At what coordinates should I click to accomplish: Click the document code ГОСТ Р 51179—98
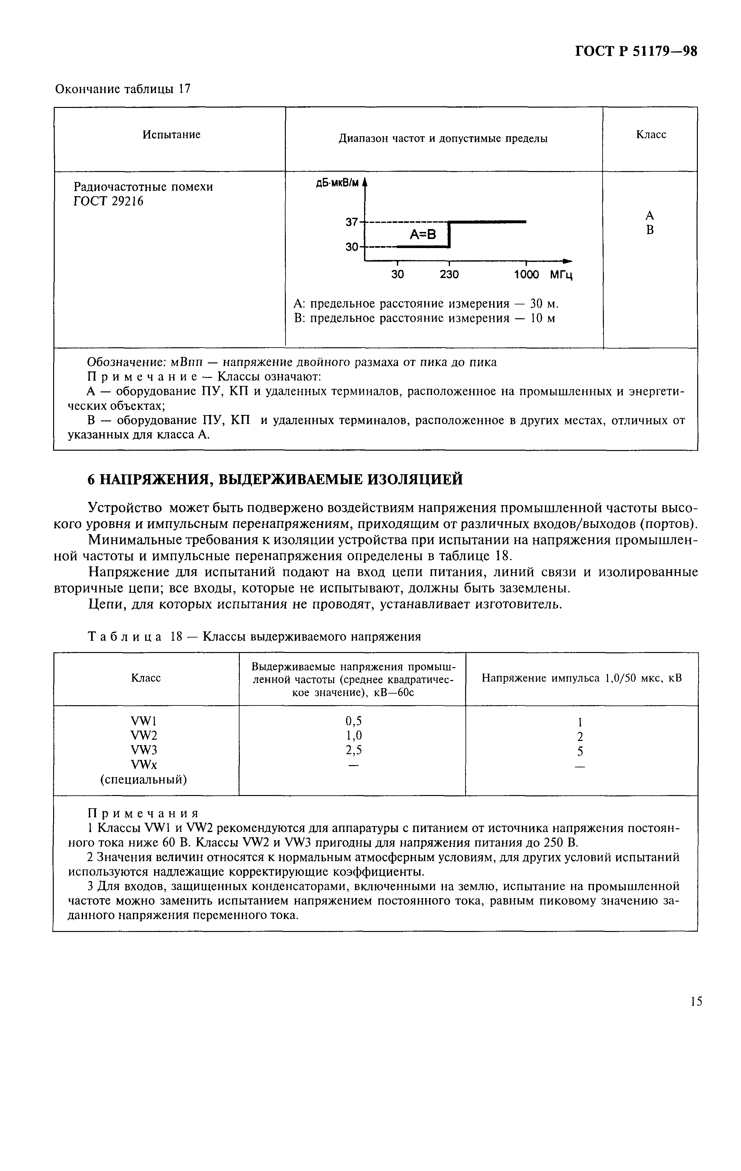pyautogui.click(x=636, y=52)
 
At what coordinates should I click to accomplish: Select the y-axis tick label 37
pyautogui.click(x=351, y=222)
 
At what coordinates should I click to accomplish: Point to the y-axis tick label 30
pyautogui.click(x=351, y=247)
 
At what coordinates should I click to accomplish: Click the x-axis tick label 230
pyautogui.click(x=449, y=275)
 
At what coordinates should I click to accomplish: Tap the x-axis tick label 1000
pyautogui.click(x=527, y=275)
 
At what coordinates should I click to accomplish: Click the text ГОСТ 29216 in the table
pyautogui.click(x=108, y=201)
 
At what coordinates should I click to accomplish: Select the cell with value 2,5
pyautogui.click(x=353, y=750)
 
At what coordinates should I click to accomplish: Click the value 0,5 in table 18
pyautogui.click(x=353, y=720)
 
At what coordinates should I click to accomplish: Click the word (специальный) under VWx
pyautogui.click(x=144, y=780)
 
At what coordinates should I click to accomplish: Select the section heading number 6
pyautogui.click(x=91, y=479)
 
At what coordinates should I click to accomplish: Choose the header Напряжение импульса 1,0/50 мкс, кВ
pyautogui.click(x=581, y=678)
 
